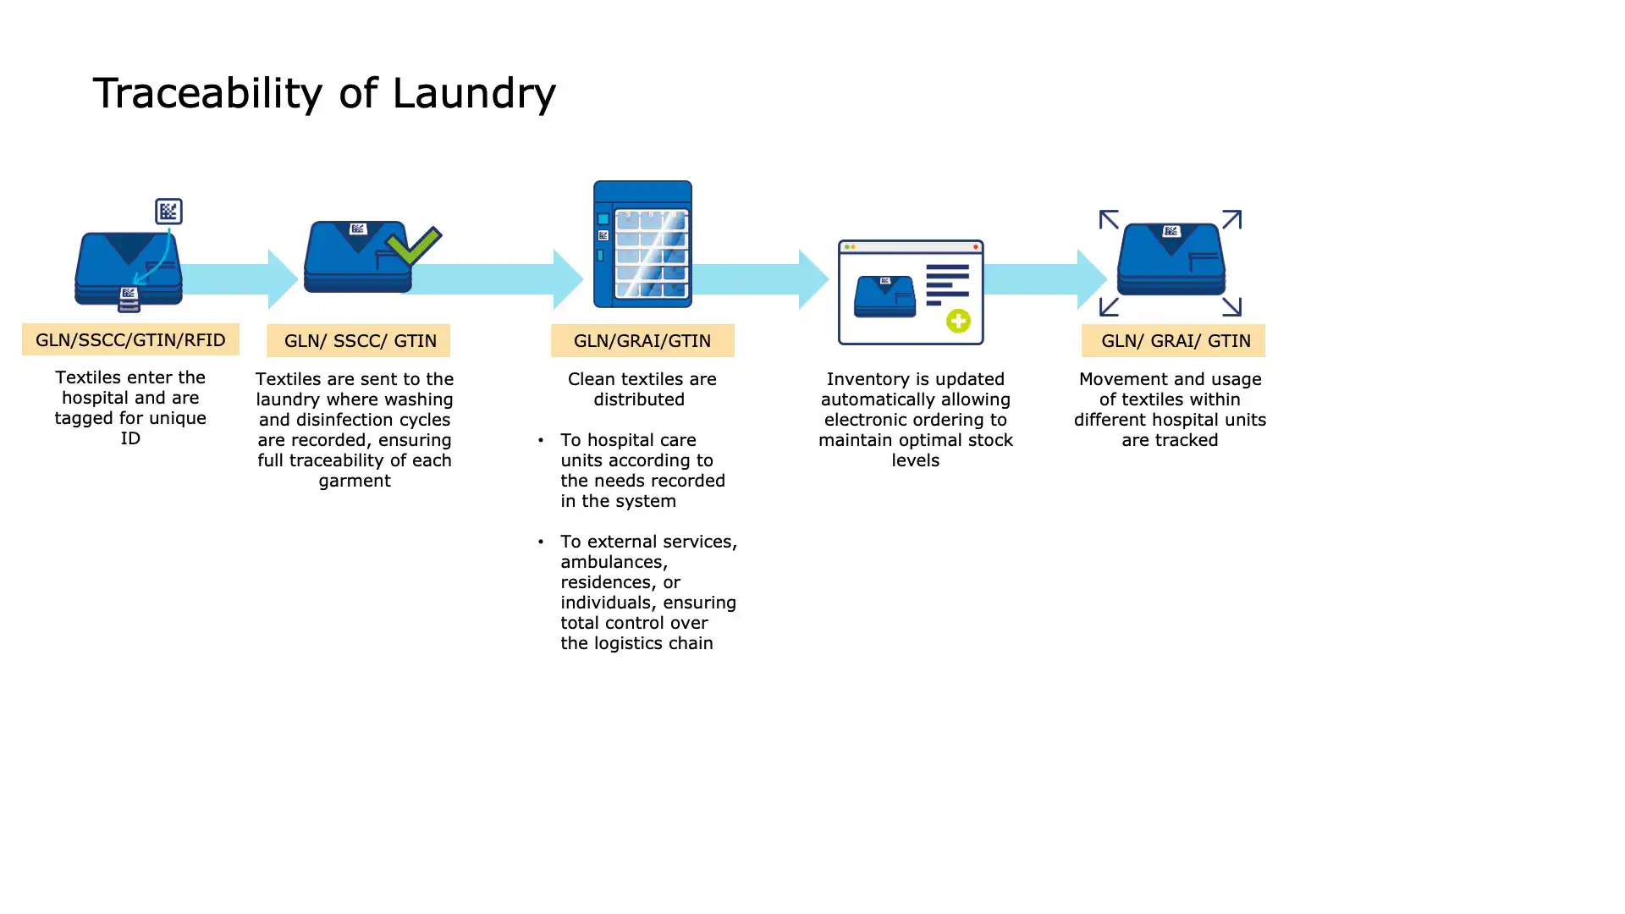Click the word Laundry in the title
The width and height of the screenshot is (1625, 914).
473,93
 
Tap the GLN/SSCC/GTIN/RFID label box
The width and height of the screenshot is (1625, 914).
130,339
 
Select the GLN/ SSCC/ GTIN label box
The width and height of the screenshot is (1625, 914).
359,340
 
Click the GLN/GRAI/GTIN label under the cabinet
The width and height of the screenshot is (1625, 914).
642,340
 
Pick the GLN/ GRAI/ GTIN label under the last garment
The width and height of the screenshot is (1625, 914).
1174,340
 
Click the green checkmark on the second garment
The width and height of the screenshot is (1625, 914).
413,246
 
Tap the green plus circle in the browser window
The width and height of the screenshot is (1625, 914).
958,321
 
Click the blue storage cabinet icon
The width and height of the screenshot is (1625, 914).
642,244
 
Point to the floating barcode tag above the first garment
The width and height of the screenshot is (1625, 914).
168,211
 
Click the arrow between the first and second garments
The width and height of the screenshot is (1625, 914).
241,278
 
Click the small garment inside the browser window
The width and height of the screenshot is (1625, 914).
884,296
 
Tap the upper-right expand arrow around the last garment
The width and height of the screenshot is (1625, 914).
1231,220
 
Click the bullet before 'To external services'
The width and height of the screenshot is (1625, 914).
541,542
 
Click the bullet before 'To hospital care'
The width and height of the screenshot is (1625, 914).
541,440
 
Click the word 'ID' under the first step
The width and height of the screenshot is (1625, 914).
130,438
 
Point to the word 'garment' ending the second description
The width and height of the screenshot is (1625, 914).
355,481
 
